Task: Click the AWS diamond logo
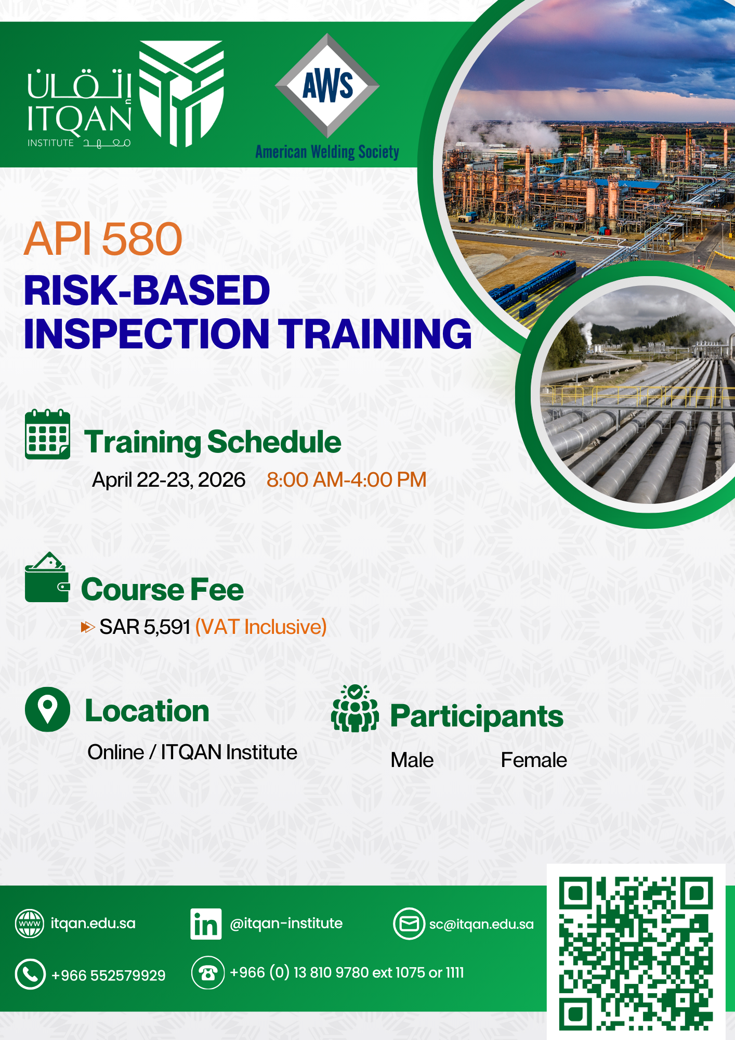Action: (x=327, y=86)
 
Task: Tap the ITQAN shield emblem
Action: (x=181, y=94)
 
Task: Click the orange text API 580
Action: (x=103, y=239)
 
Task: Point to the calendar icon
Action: (x=47, y=434)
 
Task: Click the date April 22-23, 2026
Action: (x=168, y=480)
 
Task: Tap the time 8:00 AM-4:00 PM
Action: (x=346, y=479)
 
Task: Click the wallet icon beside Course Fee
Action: (x=47, y=577)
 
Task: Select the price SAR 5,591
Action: (x=145, y=627)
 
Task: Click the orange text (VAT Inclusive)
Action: (x=261, y=627)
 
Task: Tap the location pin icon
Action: (x=47, y=709)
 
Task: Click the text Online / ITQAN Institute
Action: (x=192, y=752)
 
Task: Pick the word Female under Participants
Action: (x=534, y=760)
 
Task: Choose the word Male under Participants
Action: (x=412, y=760)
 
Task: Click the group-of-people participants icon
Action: (x=355, y=708)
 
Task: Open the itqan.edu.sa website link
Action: (x=93, y=924)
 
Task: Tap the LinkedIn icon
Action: (x=206, y=924)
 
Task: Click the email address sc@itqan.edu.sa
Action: (x=481, y=924)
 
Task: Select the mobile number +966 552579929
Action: (x=108, y=975)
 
